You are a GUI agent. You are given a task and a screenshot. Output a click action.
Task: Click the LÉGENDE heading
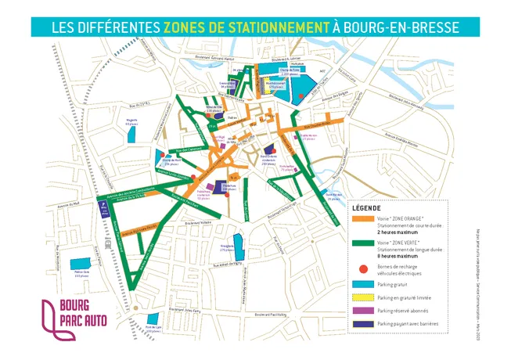[x=367, y=209]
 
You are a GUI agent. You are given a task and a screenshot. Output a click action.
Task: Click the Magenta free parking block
[x=130, y=131]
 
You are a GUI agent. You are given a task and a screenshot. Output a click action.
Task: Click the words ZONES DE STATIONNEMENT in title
[x=246, y=27]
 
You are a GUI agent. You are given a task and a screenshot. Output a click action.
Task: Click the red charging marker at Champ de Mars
[x=161, y=156]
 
